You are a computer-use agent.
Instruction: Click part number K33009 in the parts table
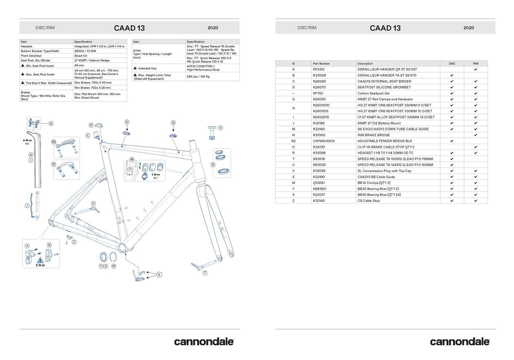click(319, 75)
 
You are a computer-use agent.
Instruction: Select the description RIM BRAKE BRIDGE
click(373, 135)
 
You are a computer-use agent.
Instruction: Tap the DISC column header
click(452, 64)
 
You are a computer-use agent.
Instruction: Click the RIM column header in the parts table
click(476, 64)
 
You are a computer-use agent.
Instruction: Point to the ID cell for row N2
click(293, 141)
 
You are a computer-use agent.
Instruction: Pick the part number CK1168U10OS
click(324, 141)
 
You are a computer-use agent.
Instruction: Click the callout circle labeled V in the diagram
click(221, 128)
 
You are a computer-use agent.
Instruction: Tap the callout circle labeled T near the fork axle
click(205, 273)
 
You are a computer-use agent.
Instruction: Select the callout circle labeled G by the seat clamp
click(51, 124)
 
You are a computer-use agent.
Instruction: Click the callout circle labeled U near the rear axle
click(94, 204)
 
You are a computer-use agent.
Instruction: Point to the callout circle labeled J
click(27, 206)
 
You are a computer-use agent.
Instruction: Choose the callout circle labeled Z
click(74, 242)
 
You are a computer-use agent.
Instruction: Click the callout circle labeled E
click(159, 275)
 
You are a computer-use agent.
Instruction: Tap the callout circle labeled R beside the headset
click(213, 165)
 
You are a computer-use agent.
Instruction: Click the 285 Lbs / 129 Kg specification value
click(198, 76)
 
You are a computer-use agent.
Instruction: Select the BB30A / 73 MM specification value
click(85, 51)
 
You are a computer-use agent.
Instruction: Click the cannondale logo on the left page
click(203, 342)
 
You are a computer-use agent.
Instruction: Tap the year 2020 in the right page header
click(468, 28)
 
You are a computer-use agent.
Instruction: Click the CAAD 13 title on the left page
click(129, 28)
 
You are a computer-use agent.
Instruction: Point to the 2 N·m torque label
click(40, 265)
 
